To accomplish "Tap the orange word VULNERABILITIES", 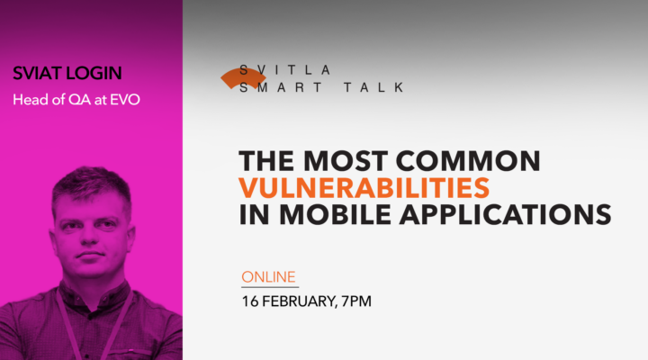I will coord(364,188).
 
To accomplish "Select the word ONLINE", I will coord(268,276).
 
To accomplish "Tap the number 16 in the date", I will coord(249,301).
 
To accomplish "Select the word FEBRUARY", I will coord(294,301).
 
